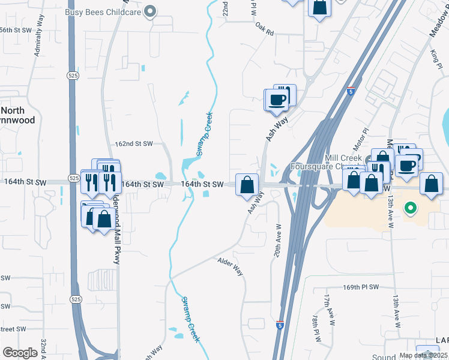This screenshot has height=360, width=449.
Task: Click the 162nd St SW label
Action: click(134, 144)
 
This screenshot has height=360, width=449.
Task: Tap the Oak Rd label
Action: click(264, 29)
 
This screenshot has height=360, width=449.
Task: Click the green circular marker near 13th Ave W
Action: click(411, 209)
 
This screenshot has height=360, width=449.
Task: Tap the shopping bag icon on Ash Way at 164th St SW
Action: click(247, 185)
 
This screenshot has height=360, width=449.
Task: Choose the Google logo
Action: click(20, 353)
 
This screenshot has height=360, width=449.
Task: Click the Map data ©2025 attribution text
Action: click(423, 355)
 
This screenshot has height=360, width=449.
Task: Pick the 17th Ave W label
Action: click(328, 305)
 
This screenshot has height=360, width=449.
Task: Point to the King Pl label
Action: click(435, 59)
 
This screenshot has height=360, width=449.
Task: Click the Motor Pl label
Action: click(360, 144)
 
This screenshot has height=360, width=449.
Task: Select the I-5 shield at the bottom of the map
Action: click(280, 324)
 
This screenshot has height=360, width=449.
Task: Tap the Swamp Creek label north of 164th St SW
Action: click(204, 134)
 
